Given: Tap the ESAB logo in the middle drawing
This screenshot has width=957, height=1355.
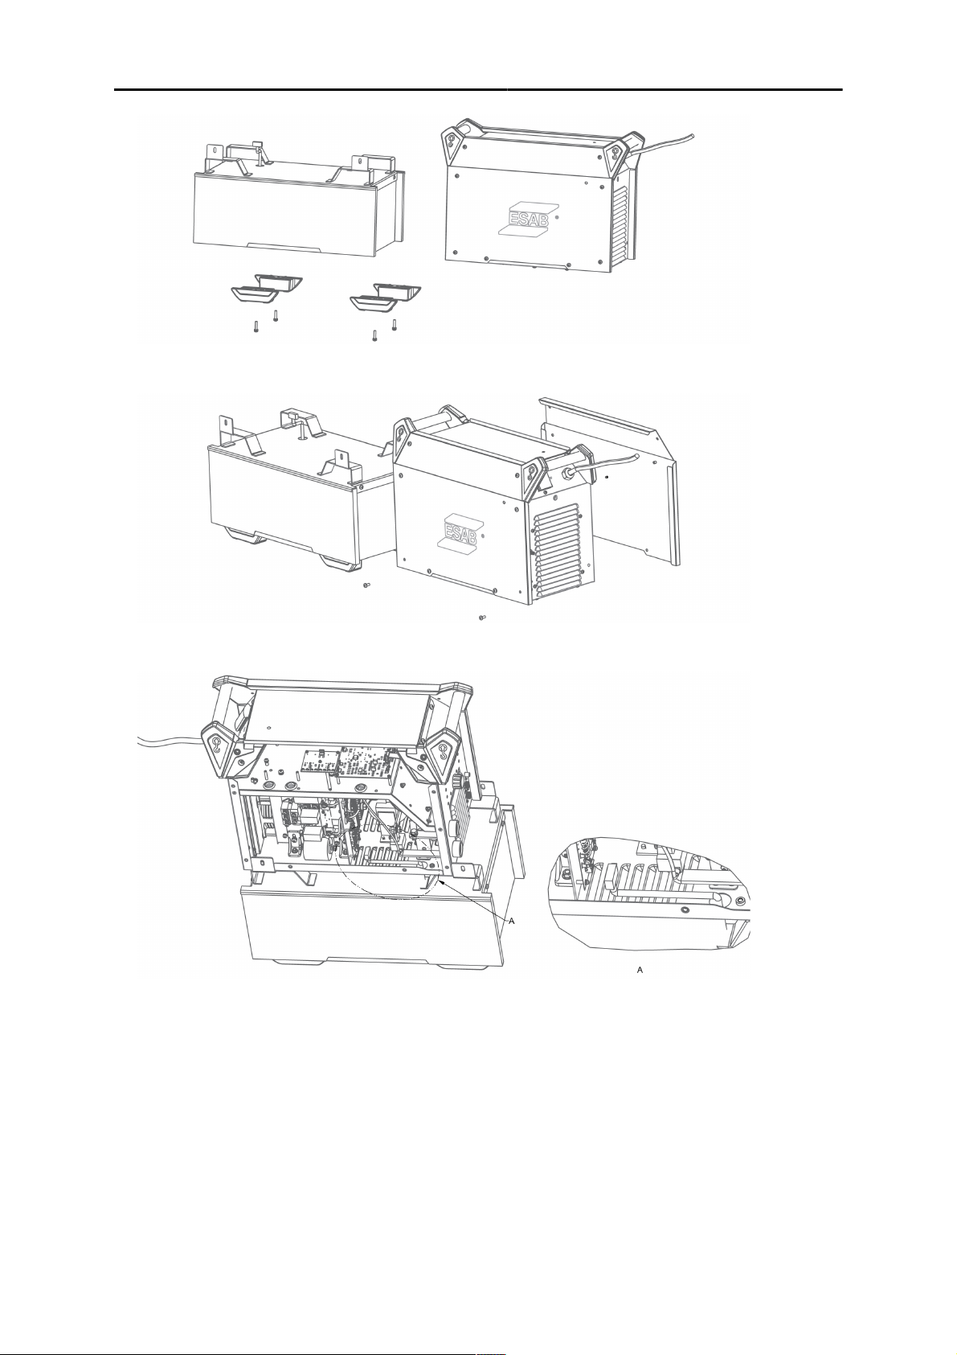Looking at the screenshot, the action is (459, 532).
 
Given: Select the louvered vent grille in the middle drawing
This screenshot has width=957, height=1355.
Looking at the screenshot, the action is (561, 552).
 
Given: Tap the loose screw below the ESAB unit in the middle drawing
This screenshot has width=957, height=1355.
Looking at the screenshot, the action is (481, 618).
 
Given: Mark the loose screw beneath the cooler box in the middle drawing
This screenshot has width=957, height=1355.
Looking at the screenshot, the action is (366, 586).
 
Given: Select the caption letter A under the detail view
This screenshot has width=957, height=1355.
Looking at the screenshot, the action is (640, 971).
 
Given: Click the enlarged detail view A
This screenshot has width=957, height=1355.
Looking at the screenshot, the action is (651, 893).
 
